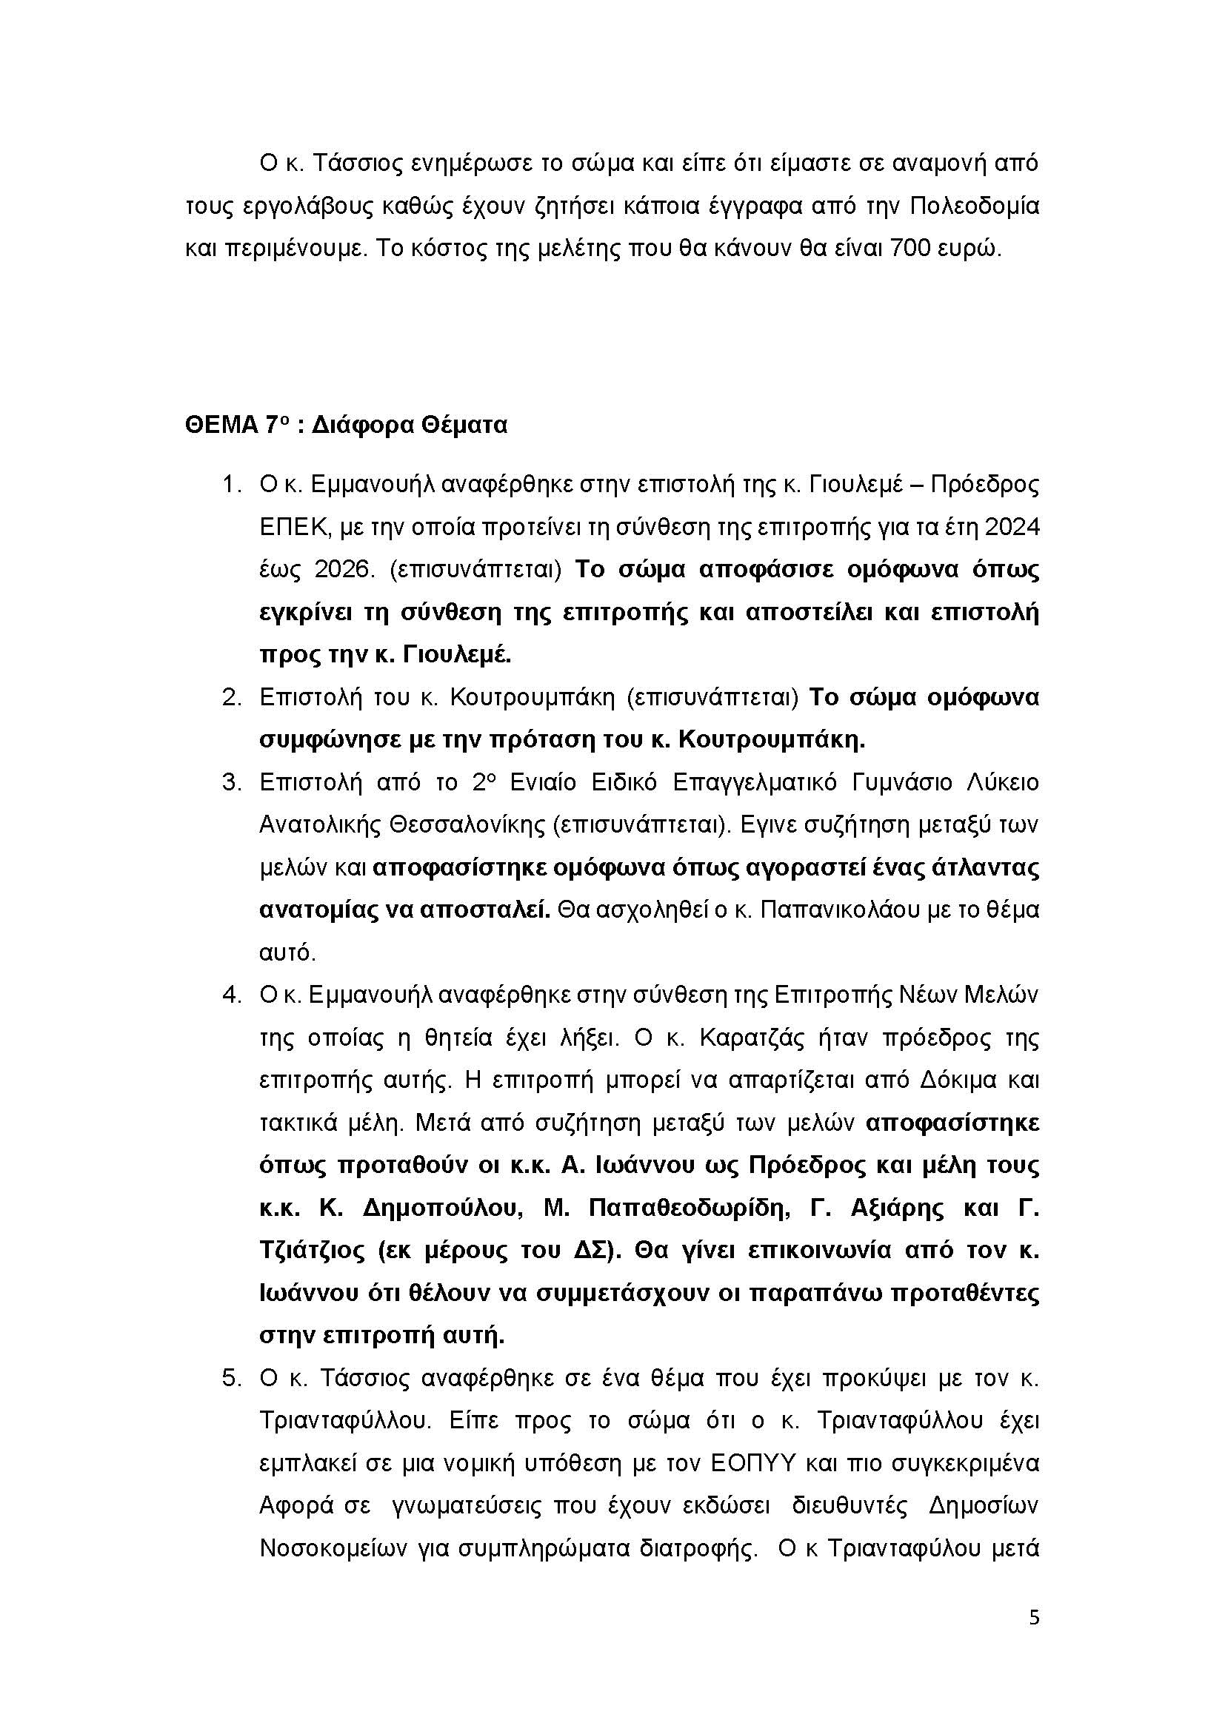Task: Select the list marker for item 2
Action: (x=231, y=697)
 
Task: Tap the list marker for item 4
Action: (x=231, y=995)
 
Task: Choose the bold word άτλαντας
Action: (x=985, y=868)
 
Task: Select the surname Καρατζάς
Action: (x=753, y=1038)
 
